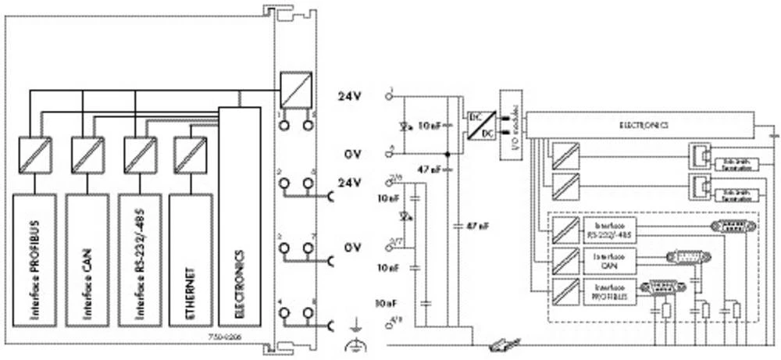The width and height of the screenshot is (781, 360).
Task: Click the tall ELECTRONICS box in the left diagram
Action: (x=239, y=219)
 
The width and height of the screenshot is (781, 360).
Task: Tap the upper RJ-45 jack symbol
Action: (x=697, y=157)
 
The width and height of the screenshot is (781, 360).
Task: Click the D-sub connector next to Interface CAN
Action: (x=683, y=258)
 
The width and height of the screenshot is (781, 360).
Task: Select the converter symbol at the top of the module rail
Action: (x=296, y=86)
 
